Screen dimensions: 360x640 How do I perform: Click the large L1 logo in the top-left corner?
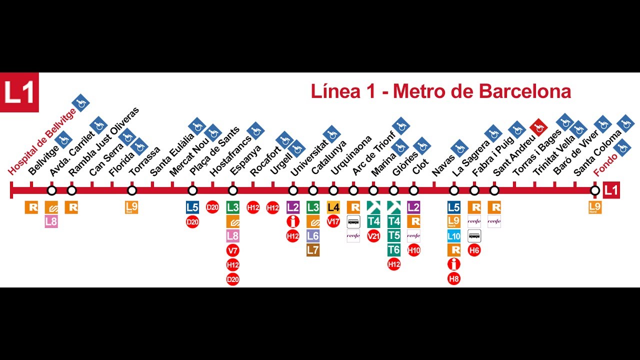19,92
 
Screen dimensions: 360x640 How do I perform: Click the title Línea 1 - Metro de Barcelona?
440,91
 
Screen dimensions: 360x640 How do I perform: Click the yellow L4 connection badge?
333,207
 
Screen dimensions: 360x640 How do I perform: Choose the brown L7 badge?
313,250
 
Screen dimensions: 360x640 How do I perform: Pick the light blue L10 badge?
454,236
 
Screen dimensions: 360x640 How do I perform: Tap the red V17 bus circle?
333,221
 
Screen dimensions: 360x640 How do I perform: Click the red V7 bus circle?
233,250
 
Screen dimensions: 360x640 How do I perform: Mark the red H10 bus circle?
414,250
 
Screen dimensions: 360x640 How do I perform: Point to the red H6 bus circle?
474,250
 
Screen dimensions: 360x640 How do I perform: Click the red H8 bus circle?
454,279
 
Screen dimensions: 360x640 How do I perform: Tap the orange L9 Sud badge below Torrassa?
131,207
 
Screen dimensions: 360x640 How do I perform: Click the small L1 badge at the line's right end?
611,190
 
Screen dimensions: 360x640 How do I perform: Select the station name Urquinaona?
351,155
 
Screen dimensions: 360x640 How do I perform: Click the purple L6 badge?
313,235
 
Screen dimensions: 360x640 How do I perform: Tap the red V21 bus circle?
373,235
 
